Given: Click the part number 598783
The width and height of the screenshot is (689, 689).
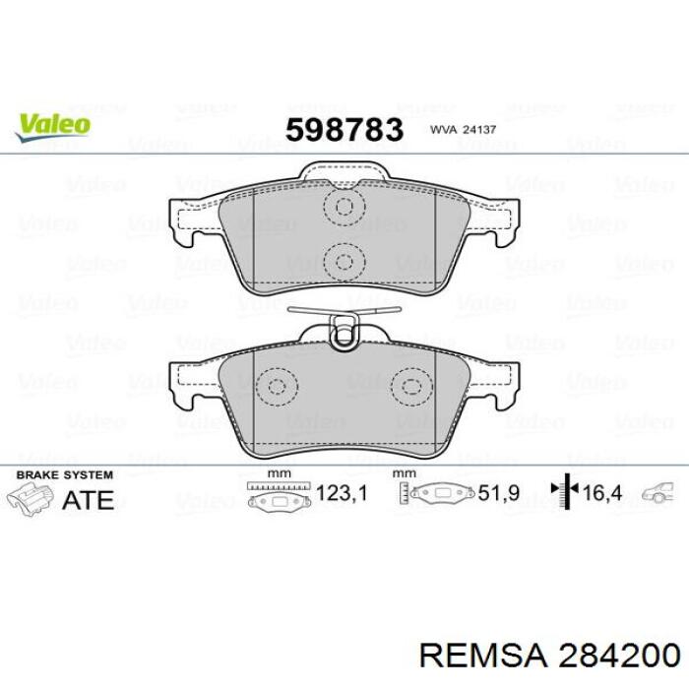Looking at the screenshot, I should tap(344, 129).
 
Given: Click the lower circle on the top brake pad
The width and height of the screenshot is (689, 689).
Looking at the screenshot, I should tap(344, 261).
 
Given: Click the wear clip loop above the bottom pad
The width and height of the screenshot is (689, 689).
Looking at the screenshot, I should tap(344, 333).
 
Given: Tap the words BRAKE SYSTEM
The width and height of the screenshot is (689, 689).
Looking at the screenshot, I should tap(60, 474).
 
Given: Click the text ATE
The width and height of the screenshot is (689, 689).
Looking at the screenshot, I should tap(88, 500).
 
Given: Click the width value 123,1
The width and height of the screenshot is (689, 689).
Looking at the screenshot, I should tap(344, 493).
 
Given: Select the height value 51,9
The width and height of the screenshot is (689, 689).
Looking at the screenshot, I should tap(498, 493).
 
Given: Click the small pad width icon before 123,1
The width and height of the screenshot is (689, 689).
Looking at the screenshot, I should tap(280, 496).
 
